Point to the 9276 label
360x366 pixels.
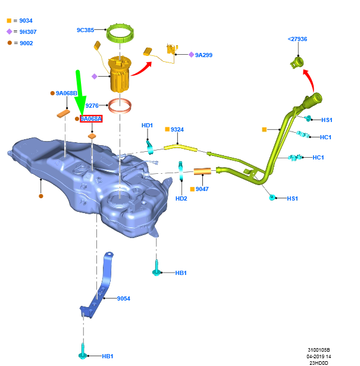[92, 105]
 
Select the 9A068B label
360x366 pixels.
[67, 93]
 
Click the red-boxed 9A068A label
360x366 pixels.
[91, 119]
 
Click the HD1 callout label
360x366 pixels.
[147, 126]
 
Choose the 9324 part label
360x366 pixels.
[177, 129]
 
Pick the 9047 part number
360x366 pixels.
[202, 189]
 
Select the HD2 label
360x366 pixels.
[181, 198]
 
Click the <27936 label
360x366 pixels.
[297, 39]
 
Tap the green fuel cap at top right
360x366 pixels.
[296, 61]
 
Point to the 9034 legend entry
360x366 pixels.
[23, 21]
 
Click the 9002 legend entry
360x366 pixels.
[23, 43]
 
